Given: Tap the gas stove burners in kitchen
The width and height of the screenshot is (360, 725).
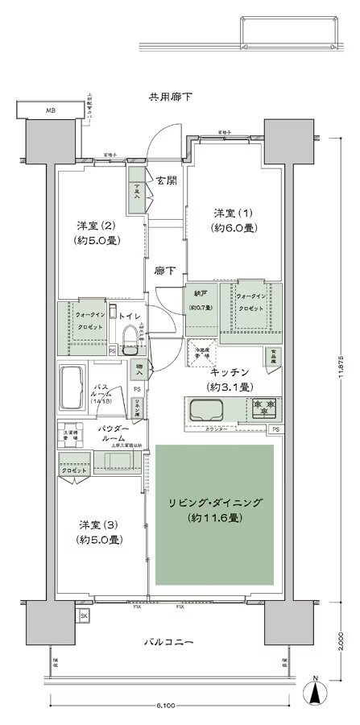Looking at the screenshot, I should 263,408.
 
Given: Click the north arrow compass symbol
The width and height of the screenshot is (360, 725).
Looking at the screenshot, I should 317,691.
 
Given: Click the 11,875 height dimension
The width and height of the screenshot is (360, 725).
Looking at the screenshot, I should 346,355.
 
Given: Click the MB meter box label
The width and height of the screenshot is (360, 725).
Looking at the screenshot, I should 50,110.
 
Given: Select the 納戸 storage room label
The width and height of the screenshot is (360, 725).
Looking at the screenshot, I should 199,300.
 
